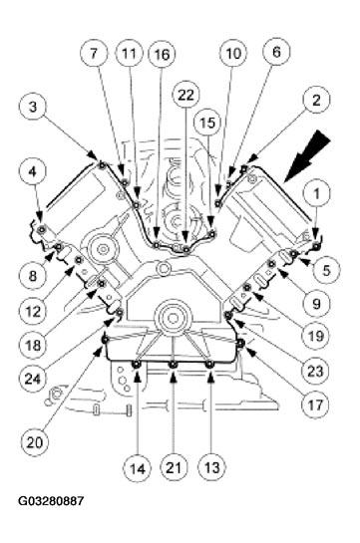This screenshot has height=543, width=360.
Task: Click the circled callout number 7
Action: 94,54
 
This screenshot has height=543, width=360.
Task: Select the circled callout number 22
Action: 186,96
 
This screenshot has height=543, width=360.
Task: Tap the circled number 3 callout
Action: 33,107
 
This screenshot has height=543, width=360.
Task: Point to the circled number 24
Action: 33,379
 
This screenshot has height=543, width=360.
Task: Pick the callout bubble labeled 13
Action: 211,467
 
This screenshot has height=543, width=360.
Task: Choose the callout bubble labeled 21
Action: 174,467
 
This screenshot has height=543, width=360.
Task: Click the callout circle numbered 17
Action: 315,404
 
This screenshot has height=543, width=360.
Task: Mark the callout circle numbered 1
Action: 316,194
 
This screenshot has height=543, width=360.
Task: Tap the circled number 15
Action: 207,123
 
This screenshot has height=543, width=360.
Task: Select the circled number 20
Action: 34,442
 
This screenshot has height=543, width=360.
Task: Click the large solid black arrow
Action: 308,154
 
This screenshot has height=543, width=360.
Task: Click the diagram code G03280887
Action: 51,501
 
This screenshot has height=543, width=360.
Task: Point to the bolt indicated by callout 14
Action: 137,365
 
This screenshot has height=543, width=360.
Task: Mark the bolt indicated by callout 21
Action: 173,365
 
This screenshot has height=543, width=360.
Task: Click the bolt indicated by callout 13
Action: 208,365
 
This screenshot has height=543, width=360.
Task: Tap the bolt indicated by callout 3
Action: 102,164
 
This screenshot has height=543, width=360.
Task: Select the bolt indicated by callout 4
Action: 42,228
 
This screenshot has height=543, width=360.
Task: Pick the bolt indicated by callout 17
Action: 240,343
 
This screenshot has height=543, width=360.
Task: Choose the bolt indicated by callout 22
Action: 186,248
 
